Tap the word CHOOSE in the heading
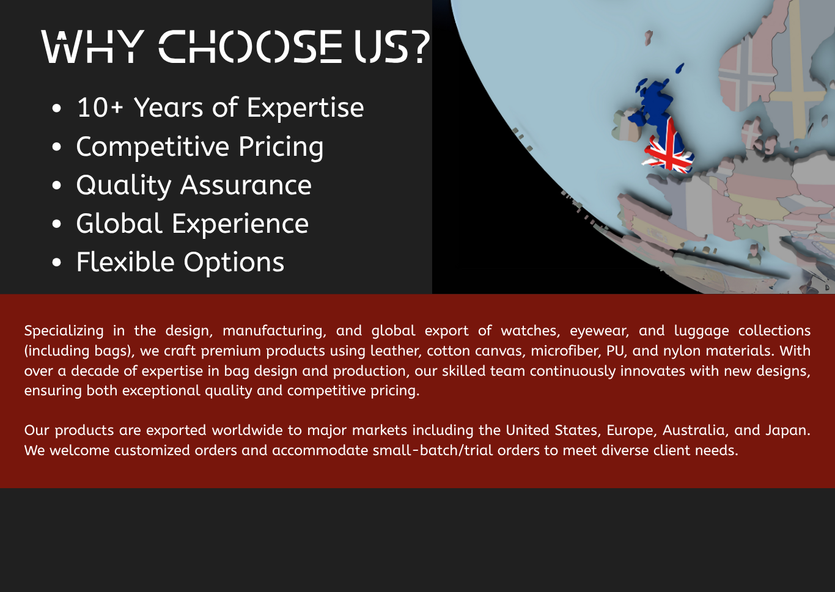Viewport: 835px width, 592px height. (250, 46)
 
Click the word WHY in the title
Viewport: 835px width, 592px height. (93, 46)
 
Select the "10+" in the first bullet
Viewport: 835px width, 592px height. (100, 108)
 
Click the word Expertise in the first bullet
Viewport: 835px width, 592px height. (305, 108)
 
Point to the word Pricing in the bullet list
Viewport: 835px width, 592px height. (281, 147)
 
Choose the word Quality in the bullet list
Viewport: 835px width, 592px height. (123, 186)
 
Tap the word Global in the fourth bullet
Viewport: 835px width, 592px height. (119, 224)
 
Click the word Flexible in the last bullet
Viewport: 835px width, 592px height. (125, 262)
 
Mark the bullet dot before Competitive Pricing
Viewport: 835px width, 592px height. (57, 147)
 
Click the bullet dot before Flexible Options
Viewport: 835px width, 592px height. (57, 262)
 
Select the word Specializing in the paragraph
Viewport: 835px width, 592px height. (64, 331)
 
